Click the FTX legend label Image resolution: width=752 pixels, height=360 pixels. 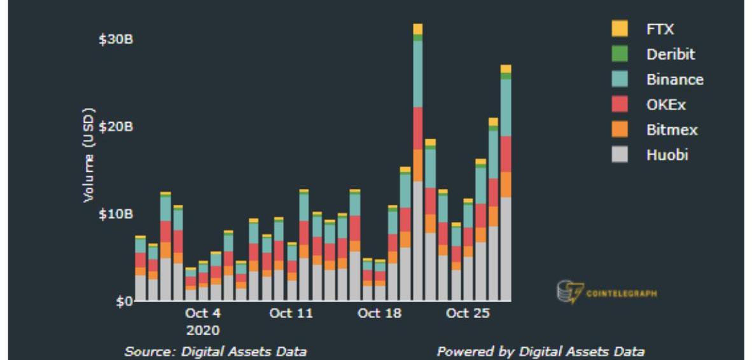[x=660, y=29]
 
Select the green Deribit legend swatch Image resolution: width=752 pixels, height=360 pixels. [x=619, y=54]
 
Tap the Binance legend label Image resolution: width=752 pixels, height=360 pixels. [x=674, y=80]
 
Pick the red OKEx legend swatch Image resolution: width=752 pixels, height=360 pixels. [x=619, y=104]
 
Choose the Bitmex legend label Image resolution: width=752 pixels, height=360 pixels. [x=672, y=130]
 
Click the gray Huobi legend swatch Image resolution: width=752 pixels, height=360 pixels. [x=619, y=155]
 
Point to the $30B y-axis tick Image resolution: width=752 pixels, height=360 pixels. [x=115, y=39]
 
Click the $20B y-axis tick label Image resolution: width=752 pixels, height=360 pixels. [x=115, y=127]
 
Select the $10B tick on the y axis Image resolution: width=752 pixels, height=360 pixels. [x=115, y=214]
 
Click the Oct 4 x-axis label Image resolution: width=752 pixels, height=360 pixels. [x=203, y=314]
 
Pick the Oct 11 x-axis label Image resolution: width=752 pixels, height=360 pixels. [x=291, y=314]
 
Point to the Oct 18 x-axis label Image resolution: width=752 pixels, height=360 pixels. [x=379, y=314]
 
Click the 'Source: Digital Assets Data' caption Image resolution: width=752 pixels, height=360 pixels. [x=215, y=351]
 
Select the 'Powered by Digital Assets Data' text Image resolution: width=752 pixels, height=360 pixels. [x=540, y=351]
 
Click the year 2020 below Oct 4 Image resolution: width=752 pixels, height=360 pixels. [x=203, y=330]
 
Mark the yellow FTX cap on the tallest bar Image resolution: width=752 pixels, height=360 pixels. [x=417, y=29]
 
